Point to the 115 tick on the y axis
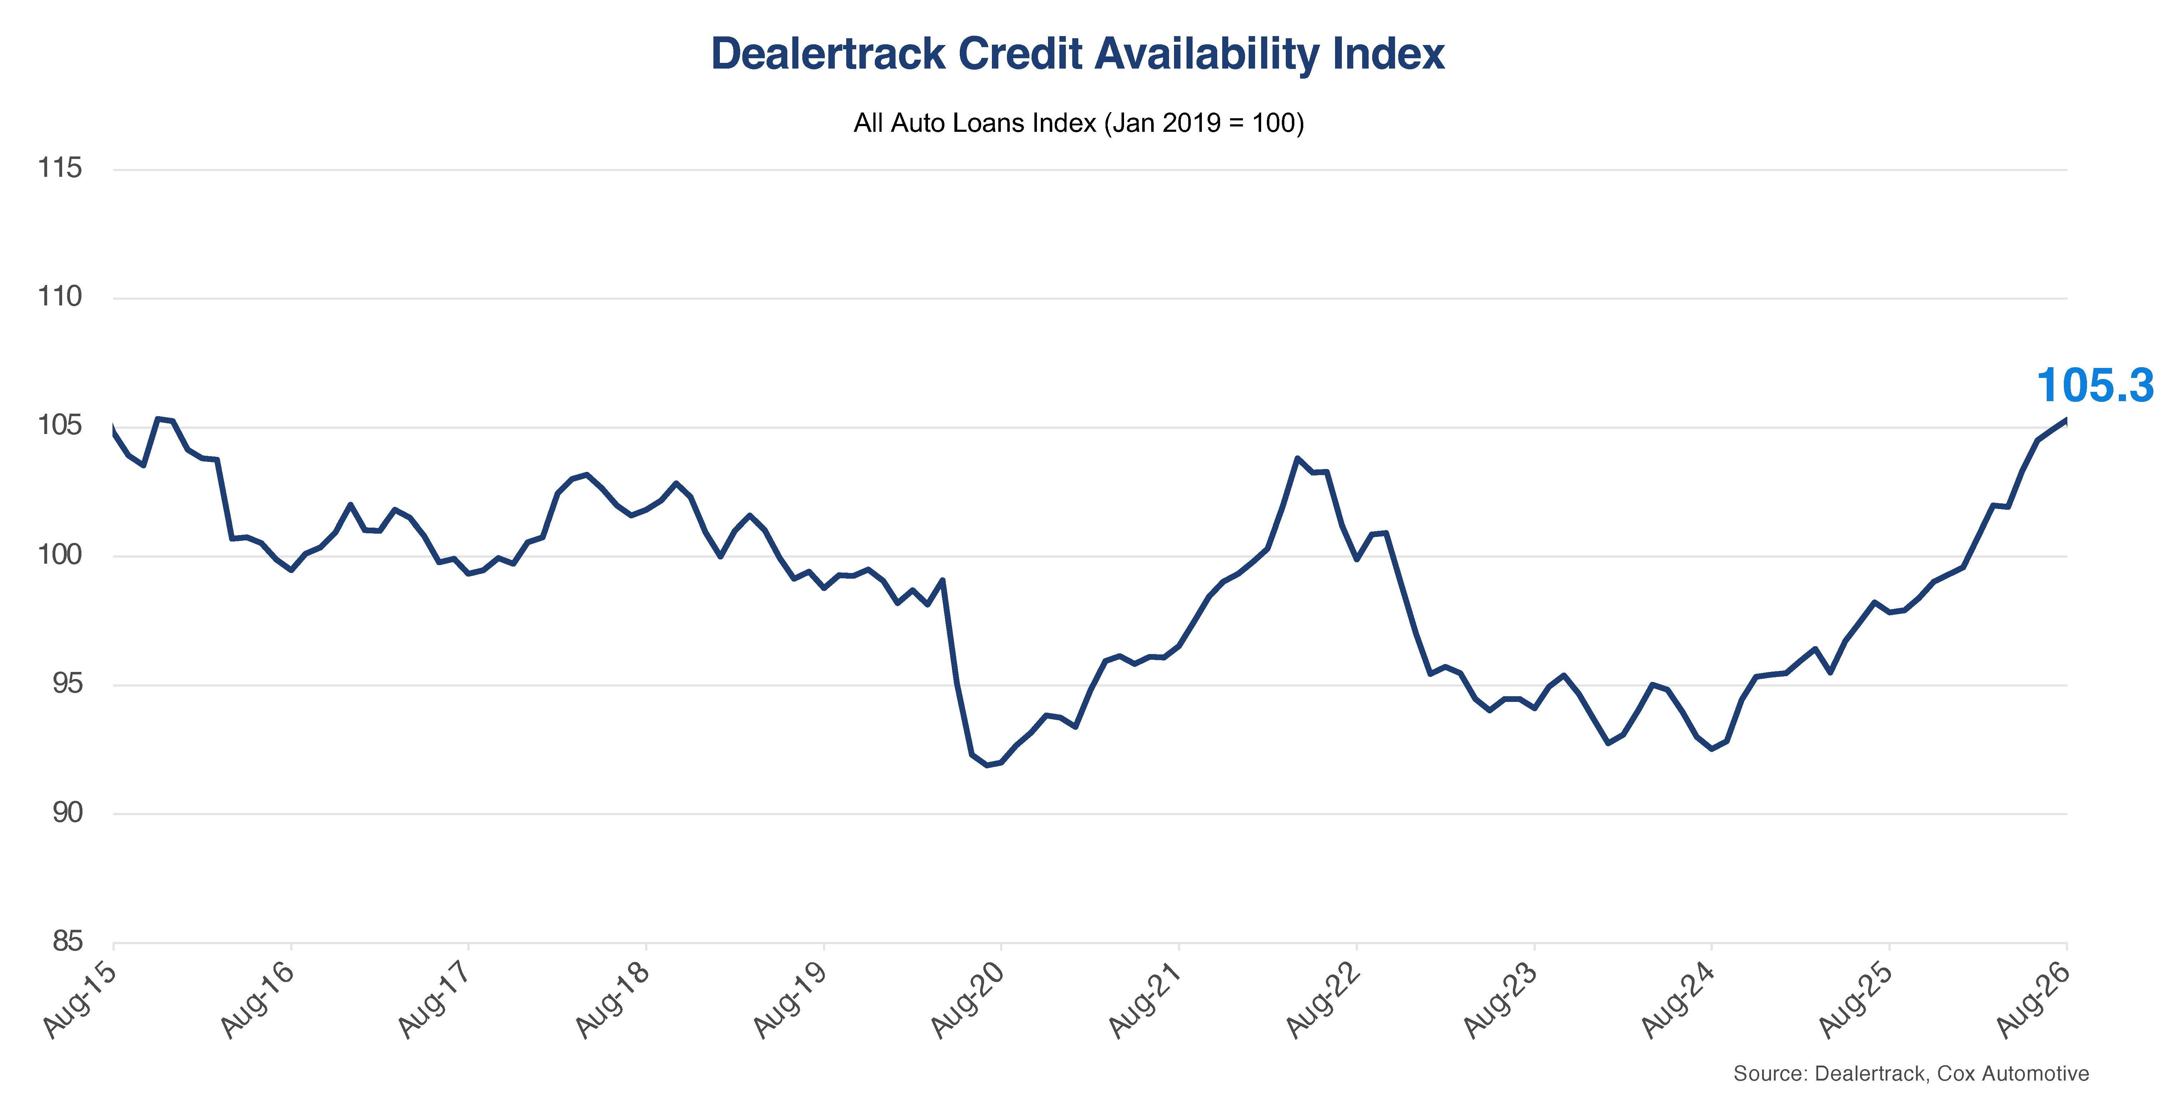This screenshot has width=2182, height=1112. click(x=60, y=168)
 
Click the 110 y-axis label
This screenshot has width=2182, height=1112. click(x=60, y=296)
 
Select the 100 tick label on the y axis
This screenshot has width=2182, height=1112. click(x=60, y=555)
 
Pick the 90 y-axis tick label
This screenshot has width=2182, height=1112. click(x=68, y=813)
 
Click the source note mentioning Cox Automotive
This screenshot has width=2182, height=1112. click(x=1911, y=1074)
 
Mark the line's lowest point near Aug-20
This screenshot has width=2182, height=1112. click(x=987, y=766)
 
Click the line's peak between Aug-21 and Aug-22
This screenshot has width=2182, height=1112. click(x=1297, y=459)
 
